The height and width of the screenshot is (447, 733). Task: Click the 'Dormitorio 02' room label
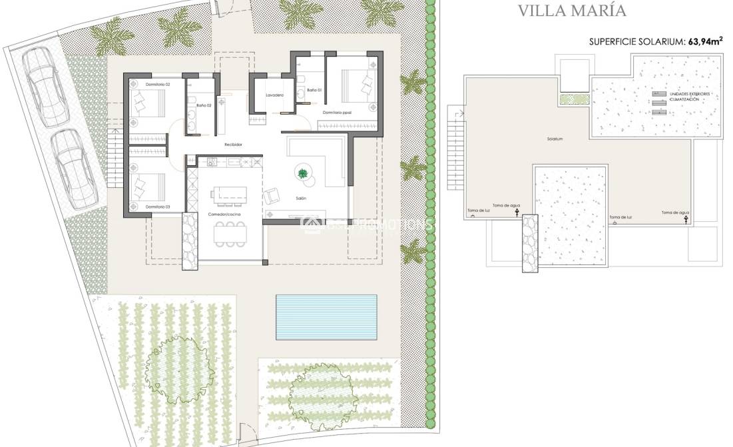coord(158,85)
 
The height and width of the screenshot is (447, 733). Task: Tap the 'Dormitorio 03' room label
coord(158,207)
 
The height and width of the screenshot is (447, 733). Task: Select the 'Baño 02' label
coord(204,105)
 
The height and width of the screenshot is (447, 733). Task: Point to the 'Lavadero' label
coord(274,95)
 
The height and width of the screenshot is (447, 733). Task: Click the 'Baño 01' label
coord(314,89)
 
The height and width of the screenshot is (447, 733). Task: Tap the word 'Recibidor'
coord(233,144)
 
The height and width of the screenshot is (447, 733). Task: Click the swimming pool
coord(326,316)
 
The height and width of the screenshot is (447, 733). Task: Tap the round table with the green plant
coord(304,173)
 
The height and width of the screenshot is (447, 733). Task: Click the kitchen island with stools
coord(229,193)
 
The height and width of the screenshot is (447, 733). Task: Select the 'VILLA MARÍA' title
coord(572,11)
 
